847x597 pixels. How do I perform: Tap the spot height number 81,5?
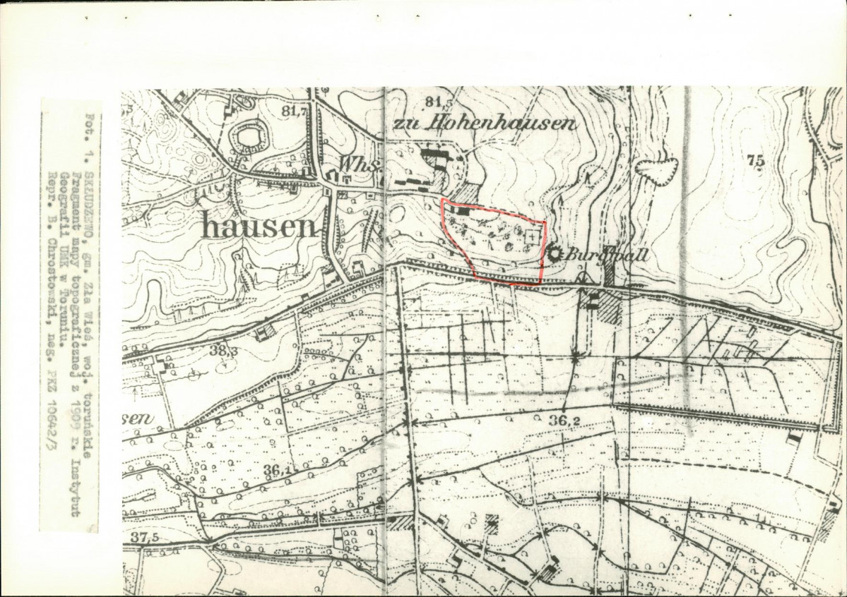point(439,102)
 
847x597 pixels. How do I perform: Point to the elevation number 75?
point(755,161)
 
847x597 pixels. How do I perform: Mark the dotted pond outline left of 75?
point(656,169)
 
